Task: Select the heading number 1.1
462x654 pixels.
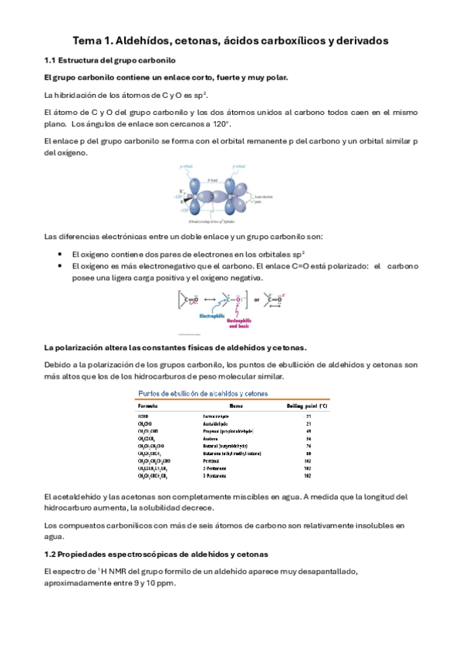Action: pos(52,60)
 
